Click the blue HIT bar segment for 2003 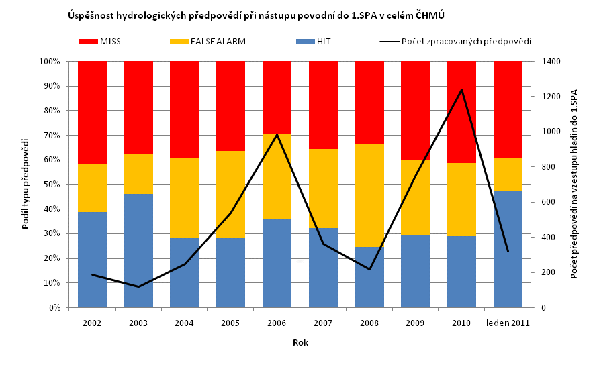tap(138, 250)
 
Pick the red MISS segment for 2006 tap(277, 97)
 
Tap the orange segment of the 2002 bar tap(92, 188)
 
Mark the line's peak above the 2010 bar tap(462, 90)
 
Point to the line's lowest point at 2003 tap(138, 287)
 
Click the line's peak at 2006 tap(277, 135)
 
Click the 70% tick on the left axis tap(51, 136)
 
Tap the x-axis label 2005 tap(230, 323)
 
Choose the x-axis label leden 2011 tap(508, 323)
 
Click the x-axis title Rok tap(300, 342)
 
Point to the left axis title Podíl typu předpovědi tap(26, 184)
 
